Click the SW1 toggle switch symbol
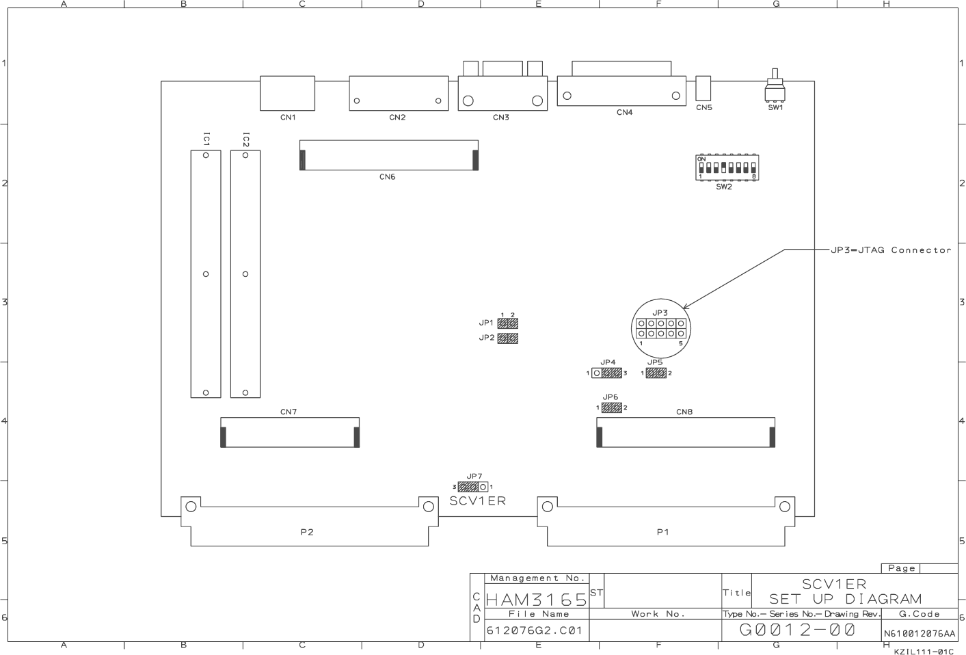[x=775, y=88]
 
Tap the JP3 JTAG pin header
[x=660, y=329]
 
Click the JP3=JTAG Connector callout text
[x=891, y=250]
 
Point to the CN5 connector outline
[x=703, y=88]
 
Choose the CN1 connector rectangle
[x=287, y=92]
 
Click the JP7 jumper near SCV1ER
[x=472, y=487]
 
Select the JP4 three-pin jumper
[x=606, y=373]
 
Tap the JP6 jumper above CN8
[x=611, y=408]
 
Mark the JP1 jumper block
[x=507, y=323]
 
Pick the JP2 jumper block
[x=507, y=338]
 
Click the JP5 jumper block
[x=656, y=373]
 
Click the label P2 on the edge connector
[x=307, y=532]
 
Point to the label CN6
[x=387, y=177]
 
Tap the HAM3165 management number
[x=537, y=600]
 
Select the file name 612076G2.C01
[x=534, y=630]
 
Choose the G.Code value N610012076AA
[x=920, y=634]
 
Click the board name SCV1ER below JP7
[x=478, y=501]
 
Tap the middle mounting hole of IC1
[x=206, y=274]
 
